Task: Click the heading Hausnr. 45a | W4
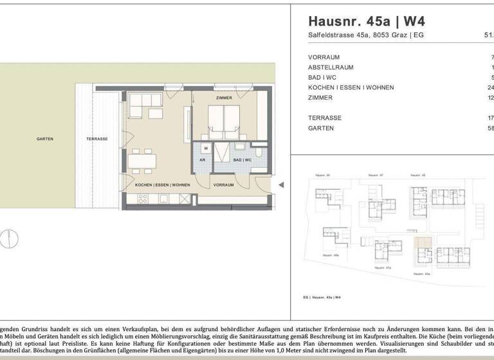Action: pos(367,21)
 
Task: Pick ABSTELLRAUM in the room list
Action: pos(331,67)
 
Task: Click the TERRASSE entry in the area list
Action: pos(325,118)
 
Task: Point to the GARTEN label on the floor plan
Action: pos(44,139)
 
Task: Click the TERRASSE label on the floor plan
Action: pos(96,139)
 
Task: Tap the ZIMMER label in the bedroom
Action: pos(224,98)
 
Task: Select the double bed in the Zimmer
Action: pos(223,122)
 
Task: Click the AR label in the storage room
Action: pos(202,159)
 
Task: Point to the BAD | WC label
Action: pos(242,159)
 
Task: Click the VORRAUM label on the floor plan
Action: pos(223,185)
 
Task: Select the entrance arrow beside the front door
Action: pos(280,185)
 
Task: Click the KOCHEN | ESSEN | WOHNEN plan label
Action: pos(162,185)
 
